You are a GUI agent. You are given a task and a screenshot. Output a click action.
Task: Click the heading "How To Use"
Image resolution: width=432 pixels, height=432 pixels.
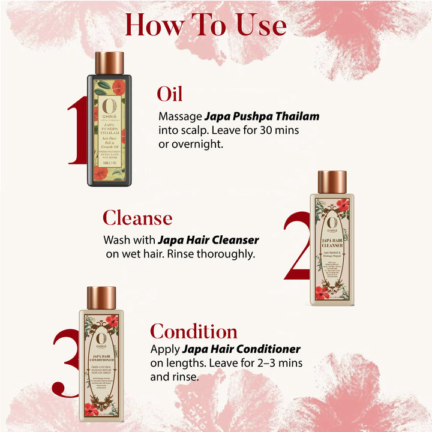pos(205,25)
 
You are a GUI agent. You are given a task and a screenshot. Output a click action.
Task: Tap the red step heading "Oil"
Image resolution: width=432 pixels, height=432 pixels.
pos(170,94)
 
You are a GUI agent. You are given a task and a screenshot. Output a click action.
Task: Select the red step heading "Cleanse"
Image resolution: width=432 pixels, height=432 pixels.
pos(137,218)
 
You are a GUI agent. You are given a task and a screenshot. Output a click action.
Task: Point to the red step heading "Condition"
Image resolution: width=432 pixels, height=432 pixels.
pos(194,331)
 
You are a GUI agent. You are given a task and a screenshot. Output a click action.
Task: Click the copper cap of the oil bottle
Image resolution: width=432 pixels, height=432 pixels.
pos(109,63)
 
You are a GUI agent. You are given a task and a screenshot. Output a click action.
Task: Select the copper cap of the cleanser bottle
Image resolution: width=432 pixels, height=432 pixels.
pos(332,182)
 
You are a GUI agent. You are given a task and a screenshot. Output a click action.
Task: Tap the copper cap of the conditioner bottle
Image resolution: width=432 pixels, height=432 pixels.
pos(101,298)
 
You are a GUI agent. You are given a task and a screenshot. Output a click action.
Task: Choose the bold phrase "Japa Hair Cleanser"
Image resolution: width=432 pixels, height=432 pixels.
pos(208,240)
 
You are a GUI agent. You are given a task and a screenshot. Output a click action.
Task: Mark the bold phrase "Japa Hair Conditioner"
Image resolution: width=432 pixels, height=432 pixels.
pos(241,349)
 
